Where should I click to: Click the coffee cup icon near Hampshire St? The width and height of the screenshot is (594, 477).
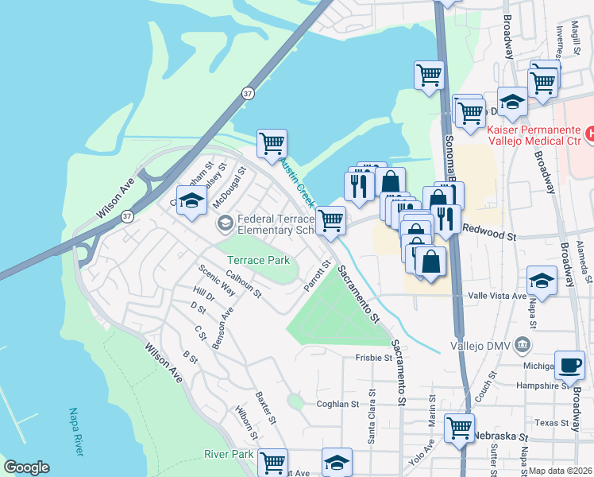[569, 364]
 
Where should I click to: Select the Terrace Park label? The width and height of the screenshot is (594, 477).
[258, 260]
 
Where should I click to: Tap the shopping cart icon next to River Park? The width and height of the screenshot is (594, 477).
[272, 461]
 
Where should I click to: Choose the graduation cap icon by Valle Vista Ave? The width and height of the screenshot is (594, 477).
[542, 280]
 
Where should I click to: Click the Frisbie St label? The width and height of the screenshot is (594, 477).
[374, 358]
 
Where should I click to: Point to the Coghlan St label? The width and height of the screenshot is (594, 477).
[338, 404]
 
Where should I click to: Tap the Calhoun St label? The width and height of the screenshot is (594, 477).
[246, 283]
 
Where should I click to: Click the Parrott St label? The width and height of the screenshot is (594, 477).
[318, 275]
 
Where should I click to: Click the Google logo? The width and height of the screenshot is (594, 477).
[26, 467]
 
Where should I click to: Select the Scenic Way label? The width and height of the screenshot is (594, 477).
[217, 279]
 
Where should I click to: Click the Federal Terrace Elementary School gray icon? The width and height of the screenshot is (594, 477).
[225, 224]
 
